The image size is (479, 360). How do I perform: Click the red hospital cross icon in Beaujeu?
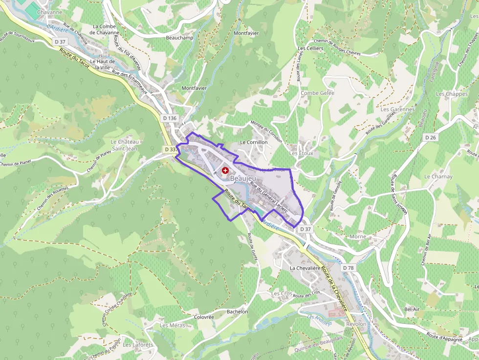(225, 170)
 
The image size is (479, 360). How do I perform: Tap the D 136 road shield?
(169, 118)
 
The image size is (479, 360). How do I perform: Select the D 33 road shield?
(170, 149)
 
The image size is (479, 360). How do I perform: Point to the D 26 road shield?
(430, 138)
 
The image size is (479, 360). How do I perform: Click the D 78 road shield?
(348, 268)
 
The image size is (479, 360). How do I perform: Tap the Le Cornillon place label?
(254, 142)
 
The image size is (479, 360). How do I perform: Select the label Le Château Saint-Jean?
(125, 145)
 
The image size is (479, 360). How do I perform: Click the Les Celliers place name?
(310, 49)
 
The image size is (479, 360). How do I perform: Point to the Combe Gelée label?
(317, 93)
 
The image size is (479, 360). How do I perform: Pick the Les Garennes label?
(397, 109)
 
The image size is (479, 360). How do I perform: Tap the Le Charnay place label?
(438, 176)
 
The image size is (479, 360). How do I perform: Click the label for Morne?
(358, 236)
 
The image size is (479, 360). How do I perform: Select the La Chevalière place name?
(308, 268)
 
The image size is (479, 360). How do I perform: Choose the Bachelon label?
(238, 312)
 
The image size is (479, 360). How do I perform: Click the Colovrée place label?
(204, 317)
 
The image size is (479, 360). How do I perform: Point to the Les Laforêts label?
(138, 345)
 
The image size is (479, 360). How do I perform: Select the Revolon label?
(356, 324)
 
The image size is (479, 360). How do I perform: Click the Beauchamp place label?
(180, 38)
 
